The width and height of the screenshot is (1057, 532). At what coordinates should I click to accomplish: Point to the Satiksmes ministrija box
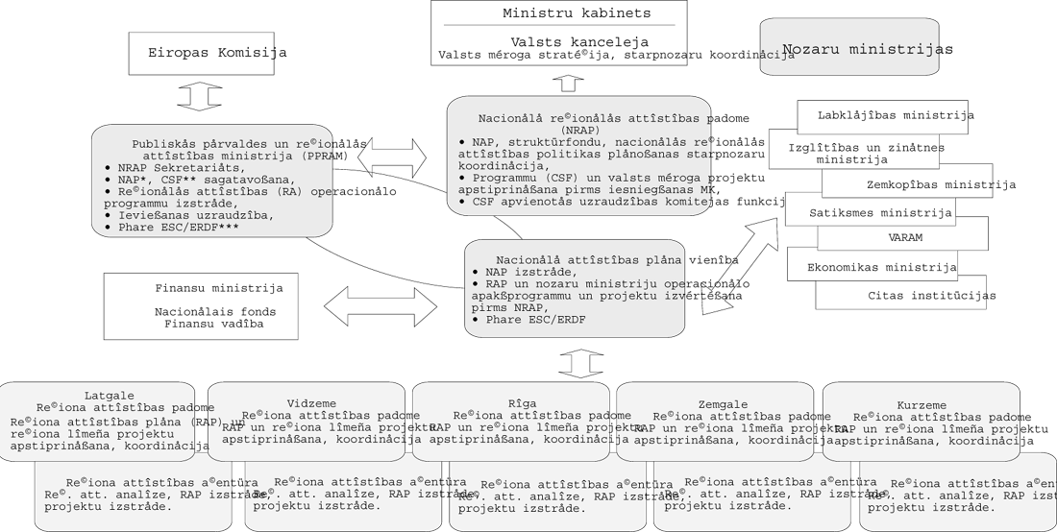coord(868,212)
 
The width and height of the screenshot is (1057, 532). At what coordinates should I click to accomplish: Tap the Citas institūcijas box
coord(918,295)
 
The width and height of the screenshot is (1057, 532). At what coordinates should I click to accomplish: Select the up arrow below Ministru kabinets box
coord(568,82)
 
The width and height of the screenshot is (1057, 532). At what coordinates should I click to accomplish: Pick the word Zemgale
coord(717,403)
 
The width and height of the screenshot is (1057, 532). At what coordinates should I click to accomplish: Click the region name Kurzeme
coord(921,404)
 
